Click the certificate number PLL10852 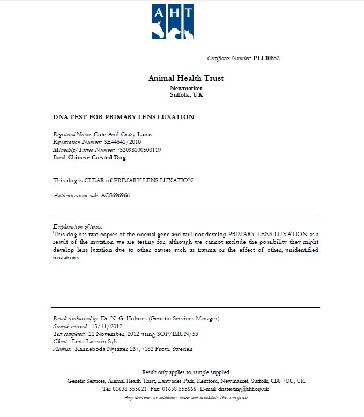coord(266,58)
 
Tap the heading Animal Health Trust coord(186,78)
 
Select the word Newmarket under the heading coord(186,88)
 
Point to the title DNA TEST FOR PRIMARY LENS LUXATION coord(124,117)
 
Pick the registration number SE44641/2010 coord(122,142)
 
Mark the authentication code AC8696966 coord(115,196)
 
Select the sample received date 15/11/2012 coord(107,326)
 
